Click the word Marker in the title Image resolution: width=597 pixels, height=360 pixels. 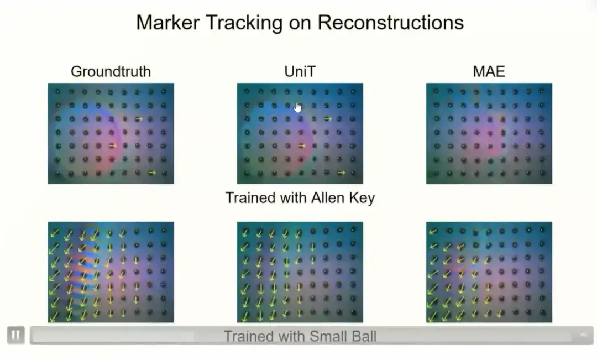168,23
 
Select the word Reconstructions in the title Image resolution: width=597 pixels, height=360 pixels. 391,23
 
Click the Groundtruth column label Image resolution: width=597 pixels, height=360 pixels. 111,72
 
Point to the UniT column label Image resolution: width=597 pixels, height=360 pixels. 300,72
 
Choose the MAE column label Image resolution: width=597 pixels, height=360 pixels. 489,72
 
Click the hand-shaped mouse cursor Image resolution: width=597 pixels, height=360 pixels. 298,108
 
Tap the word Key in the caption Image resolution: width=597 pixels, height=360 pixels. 363,198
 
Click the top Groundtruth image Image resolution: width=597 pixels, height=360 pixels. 111,133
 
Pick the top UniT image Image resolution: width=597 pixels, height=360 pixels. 300,133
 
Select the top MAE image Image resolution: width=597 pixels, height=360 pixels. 489,133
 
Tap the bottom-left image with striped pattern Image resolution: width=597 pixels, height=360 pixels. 111,272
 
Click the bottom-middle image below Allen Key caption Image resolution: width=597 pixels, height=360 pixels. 300,272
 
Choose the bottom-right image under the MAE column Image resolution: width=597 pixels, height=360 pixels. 489,272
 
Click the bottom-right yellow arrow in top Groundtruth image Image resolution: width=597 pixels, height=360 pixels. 152,173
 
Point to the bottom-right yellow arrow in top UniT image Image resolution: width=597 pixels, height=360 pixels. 341,173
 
